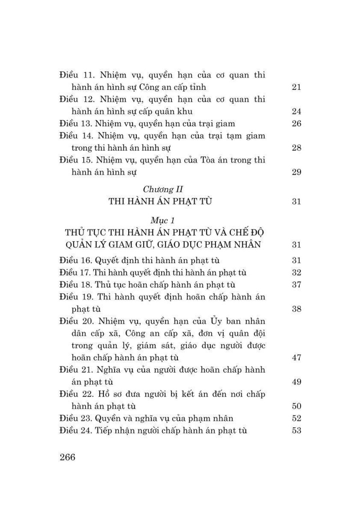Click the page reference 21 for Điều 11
pos(296,87)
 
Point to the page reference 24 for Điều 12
pos(296,112)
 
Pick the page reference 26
pos(296,124)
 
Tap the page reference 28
pos(296,148)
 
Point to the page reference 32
pos(296,273)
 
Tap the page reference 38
pos(296,309)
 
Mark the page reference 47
pos(296,358)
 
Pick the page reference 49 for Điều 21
pos(296,382)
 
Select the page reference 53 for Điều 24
pos(296,431)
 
